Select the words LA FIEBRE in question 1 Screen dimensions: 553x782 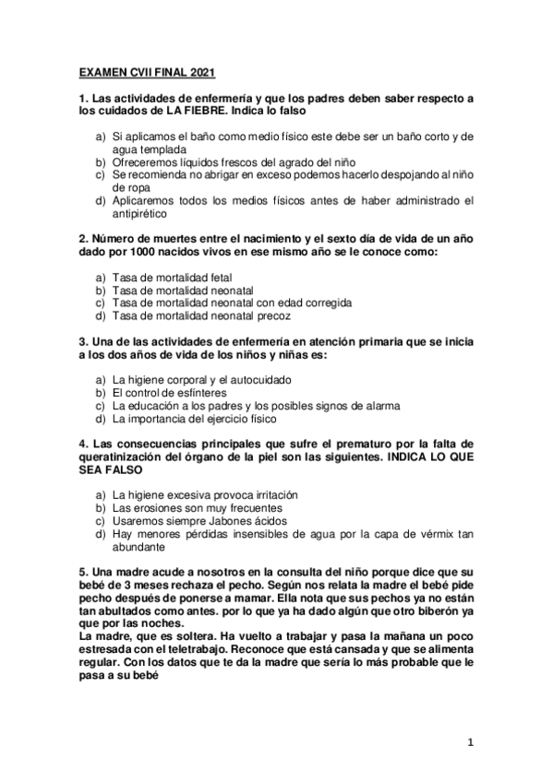click(x=195, y=111)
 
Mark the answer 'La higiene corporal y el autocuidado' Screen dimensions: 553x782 click(x=201, y=379)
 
